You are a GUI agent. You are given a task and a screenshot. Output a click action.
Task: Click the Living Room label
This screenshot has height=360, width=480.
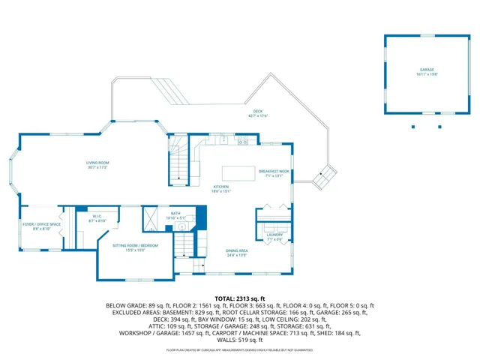click(97, 164)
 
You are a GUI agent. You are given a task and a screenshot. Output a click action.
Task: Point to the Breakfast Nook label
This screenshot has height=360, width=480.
click(274, 173)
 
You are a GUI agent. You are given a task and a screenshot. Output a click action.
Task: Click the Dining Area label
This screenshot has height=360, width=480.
click(237, 253)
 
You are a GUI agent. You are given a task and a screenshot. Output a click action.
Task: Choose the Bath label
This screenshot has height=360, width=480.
click(175, 215)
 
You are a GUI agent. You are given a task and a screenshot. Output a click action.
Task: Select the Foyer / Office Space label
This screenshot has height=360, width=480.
click(40, 226)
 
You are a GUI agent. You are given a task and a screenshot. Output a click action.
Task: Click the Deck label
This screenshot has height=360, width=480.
click(258, 114)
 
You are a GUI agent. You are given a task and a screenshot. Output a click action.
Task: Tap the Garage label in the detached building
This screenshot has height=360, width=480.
click(427, 72)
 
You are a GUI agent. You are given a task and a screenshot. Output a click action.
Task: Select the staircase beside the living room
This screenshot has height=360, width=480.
click(178, 159)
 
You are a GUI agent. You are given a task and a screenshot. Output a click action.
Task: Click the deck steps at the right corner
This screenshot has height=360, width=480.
click(325, 178)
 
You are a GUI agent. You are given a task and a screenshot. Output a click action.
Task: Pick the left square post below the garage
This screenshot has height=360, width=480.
click(412, 126)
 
